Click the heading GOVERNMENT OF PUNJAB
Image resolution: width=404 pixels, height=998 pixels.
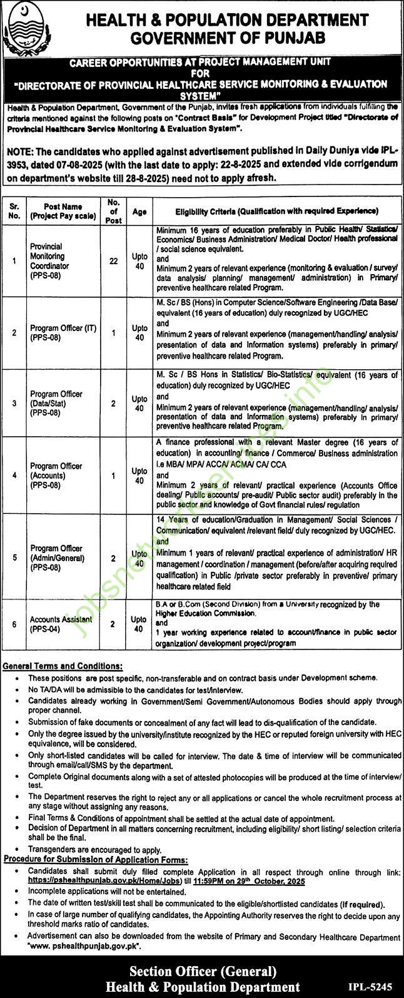click(x=228, y=39)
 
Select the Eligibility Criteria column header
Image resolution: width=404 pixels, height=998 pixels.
click(x=275, y=211)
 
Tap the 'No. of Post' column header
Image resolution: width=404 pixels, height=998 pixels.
click(x=113, y=211)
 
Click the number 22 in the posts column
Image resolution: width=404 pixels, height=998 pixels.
click(x=113, y=261)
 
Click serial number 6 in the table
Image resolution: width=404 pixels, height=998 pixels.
click(x=14, y=624)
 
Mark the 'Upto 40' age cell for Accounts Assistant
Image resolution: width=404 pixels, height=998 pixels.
click(x=139, y=624)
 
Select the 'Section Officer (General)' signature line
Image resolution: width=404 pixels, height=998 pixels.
click(x=203, y=970)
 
